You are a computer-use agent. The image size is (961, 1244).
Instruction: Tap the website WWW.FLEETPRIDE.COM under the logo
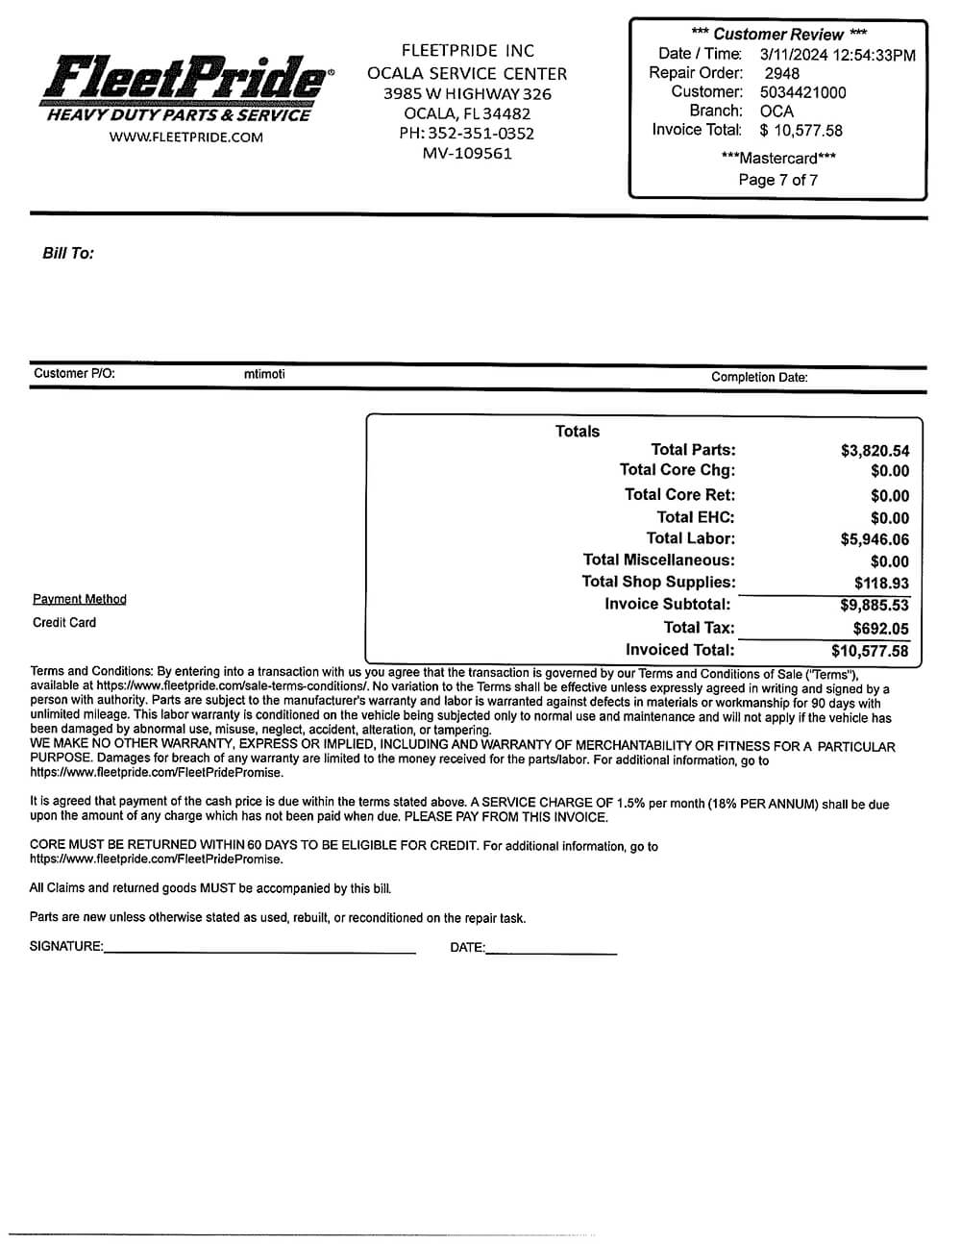coord(186,137)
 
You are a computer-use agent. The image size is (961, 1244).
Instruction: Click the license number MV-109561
coord(467,154)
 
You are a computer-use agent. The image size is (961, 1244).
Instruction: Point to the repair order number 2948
coord(781,73)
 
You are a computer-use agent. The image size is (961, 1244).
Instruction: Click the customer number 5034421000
coord(802,92)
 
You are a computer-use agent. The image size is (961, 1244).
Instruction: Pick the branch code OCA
coord(776,112)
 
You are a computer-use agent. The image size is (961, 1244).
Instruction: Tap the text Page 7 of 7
coord(778,180)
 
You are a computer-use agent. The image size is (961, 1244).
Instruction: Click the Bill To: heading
coord(68,254)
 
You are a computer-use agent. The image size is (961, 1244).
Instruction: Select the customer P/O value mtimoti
coord(264,374)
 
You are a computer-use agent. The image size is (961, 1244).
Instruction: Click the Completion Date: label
coord(759,377)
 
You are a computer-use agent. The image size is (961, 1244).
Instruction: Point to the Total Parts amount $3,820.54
coord(875,451)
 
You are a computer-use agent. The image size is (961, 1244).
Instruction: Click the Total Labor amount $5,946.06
coord(875,539)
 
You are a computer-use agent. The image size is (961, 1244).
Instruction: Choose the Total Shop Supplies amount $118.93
coord(881,584)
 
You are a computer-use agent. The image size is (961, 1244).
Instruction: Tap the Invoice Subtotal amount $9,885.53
coord(875,606)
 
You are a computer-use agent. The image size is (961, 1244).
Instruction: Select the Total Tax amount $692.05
coord(880,629)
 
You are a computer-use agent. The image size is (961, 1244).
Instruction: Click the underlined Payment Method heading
coord(80,600)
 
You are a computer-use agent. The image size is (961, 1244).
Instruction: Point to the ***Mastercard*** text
coord(778,159)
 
